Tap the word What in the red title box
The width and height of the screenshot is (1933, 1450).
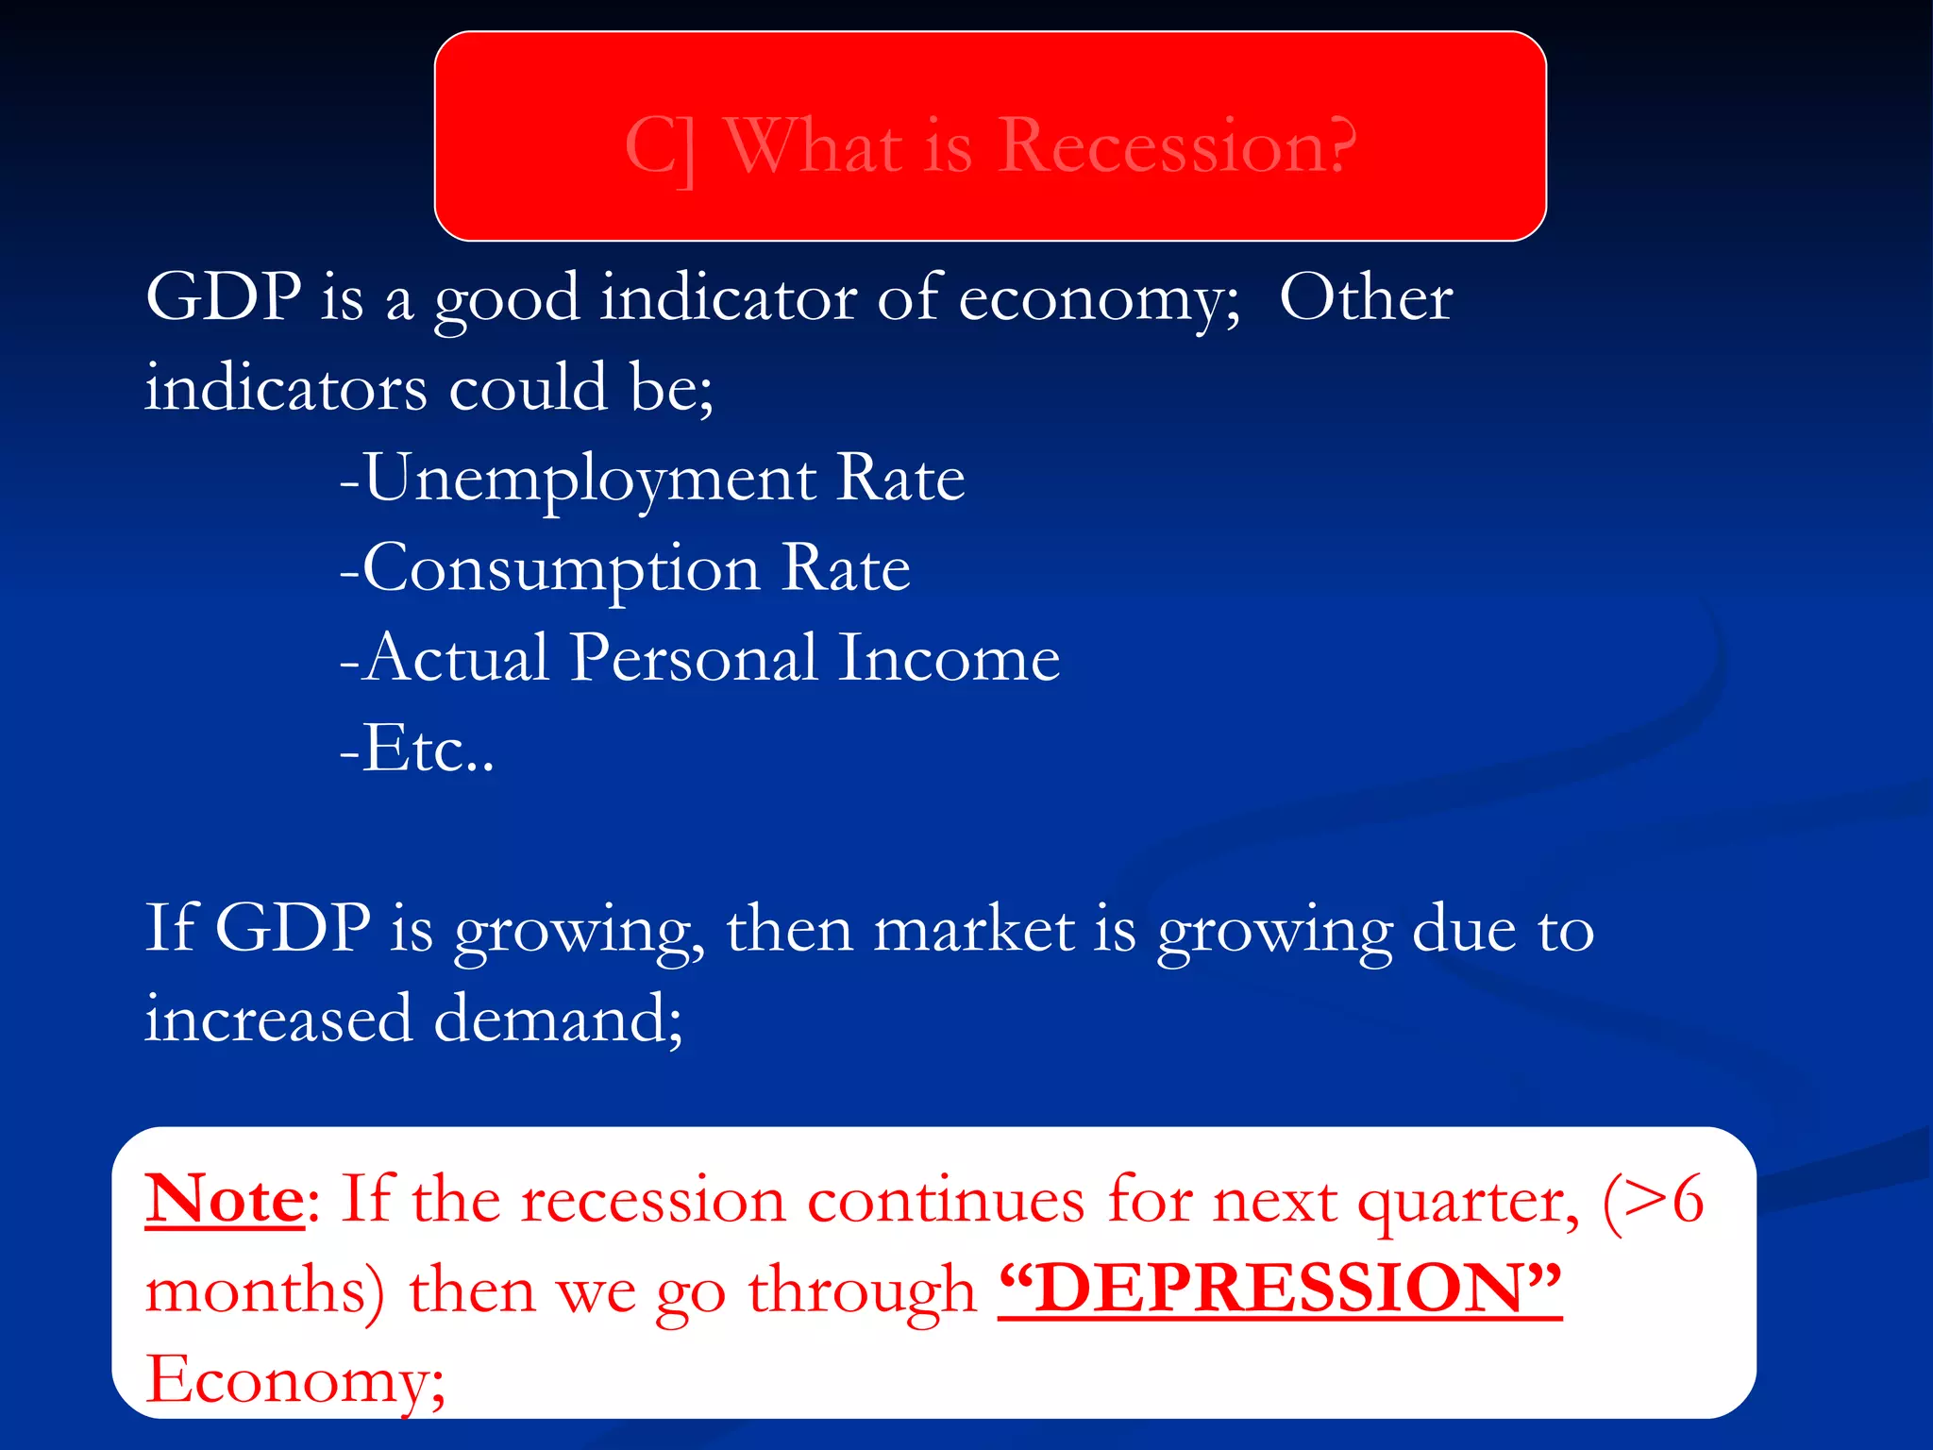[814, 146]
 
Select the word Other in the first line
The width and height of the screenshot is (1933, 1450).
[1366, 298]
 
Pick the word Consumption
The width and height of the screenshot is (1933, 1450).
[561, 569]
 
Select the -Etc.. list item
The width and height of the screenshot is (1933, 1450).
[416, 749]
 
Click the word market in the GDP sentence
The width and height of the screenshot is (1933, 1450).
[973, 930]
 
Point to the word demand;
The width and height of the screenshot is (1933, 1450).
[558, 1020]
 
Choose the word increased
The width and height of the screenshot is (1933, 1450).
[278, 1020]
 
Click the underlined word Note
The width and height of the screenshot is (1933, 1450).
[225, 1200]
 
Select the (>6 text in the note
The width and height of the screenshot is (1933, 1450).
[1653, 1200]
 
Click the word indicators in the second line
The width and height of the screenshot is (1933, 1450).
[286, 389]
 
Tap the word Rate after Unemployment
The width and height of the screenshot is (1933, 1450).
[900, 479]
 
